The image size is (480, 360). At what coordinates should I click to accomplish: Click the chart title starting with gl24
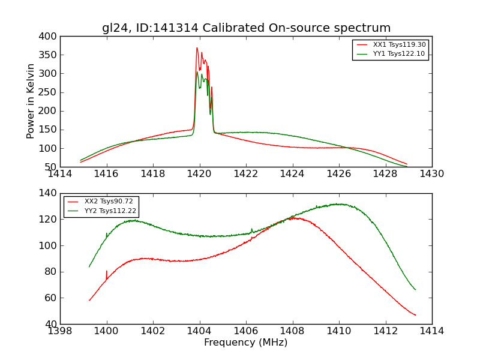tap(246, 28)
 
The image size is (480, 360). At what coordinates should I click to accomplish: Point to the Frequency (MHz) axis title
tap(246, 343)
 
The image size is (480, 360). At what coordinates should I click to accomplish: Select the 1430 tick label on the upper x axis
tap(431, 174)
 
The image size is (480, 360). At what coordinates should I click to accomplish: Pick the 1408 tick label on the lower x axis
tap(292, 331)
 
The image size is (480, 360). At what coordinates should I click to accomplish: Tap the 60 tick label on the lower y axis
tap(51, 298)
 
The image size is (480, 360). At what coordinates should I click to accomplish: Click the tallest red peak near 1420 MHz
tap(197, 48)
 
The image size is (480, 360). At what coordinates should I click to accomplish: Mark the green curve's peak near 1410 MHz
tap(338, 204)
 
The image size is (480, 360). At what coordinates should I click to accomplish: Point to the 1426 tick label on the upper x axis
tap(338, 174)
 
